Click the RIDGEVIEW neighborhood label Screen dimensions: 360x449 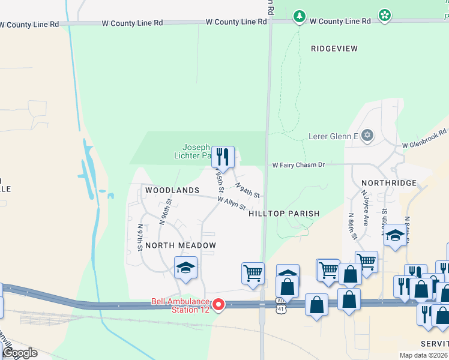pos(334,48)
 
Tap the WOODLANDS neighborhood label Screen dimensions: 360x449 pos(172,190)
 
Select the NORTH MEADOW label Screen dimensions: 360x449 pos(179,245)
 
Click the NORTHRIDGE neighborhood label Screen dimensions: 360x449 pos(389,182)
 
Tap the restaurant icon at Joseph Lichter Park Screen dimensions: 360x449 pos(223,157)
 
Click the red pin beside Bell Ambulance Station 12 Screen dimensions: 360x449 pos(218,305)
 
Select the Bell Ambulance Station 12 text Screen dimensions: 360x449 pos(179,305)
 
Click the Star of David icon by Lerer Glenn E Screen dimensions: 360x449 pos(367,136)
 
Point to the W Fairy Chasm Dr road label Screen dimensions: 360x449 pos(298,164)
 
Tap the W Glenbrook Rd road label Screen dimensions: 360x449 pos(424,139)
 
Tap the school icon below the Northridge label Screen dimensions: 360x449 pos(395,236)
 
